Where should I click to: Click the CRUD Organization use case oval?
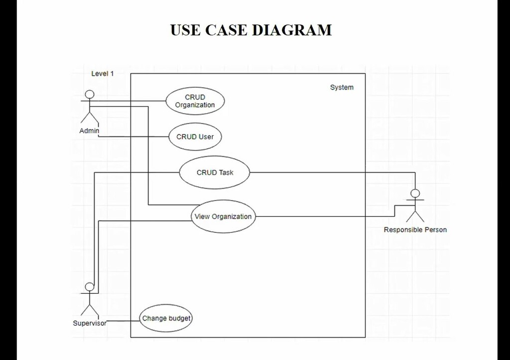tap(195, 101)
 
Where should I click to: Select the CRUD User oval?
tap(195, 137)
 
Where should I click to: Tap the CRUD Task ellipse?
tap(215, 173)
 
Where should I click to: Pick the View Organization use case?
tap(223, 217)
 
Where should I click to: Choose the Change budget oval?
tap(166, 319)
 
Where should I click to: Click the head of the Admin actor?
tap(90, 94)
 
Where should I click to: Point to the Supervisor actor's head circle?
tap(90, 287)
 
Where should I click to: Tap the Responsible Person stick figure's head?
tap(415, 194)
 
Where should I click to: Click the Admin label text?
tap(89, 131)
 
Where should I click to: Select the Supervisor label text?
tap(90, 323)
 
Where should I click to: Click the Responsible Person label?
tap(415, 230)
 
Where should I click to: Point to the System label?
tap(342, 88)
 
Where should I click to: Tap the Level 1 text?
tap(103, 74)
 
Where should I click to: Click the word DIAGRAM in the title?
tap(292, 30)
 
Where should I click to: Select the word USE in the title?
tap(185, 30)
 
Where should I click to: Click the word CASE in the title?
tap(226, 30)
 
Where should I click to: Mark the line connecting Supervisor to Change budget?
tap(123, 322)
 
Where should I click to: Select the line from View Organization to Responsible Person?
tap(324, 217)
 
